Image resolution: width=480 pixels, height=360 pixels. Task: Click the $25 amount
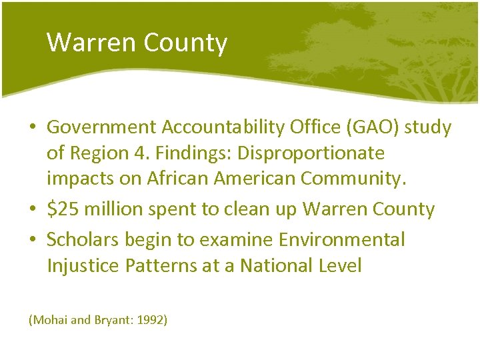click(x=60, y=209)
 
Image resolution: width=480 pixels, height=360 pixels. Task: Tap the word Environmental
click(x=340, y=239)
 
